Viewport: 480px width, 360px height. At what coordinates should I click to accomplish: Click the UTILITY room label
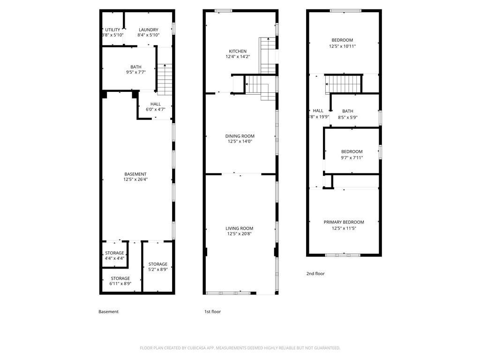(112, 30)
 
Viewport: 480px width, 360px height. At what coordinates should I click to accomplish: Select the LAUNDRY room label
(148, 30)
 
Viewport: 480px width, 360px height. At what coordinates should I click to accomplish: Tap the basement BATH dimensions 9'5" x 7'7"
(136, 72)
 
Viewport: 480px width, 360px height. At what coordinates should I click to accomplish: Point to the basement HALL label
(156, 104)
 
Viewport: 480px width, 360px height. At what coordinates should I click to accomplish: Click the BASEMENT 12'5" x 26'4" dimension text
(135, 180)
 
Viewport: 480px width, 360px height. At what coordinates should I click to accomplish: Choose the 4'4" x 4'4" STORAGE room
(114, 255)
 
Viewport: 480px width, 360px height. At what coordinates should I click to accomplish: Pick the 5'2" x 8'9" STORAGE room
(158, 267)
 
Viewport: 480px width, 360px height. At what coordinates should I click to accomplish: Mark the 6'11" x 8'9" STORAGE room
(120, 281)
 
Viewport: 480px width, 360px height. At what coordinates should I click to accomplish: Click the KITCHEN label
(237, 52)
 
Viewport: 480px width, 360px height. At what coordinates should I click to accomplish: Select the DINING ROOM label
(241, 136)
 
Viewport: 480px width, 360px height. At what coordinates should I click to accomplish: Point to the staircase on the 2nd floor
(344, 85)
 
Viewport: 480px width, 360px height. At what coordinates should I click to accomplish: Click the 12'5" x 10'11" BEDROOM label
(342, 40)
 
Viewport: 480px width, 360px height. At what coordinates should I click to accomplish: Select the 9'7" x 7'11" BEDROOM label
(352, 151)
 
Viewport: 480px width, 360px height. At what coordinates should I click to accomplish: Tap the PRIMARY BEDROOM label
(344, 222)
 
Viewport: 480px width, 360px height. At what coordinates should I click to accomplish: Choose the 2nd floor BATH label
(347, 111)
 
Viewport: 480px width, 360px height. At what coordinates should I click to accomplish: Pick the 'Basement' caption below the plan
(108, 312)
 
